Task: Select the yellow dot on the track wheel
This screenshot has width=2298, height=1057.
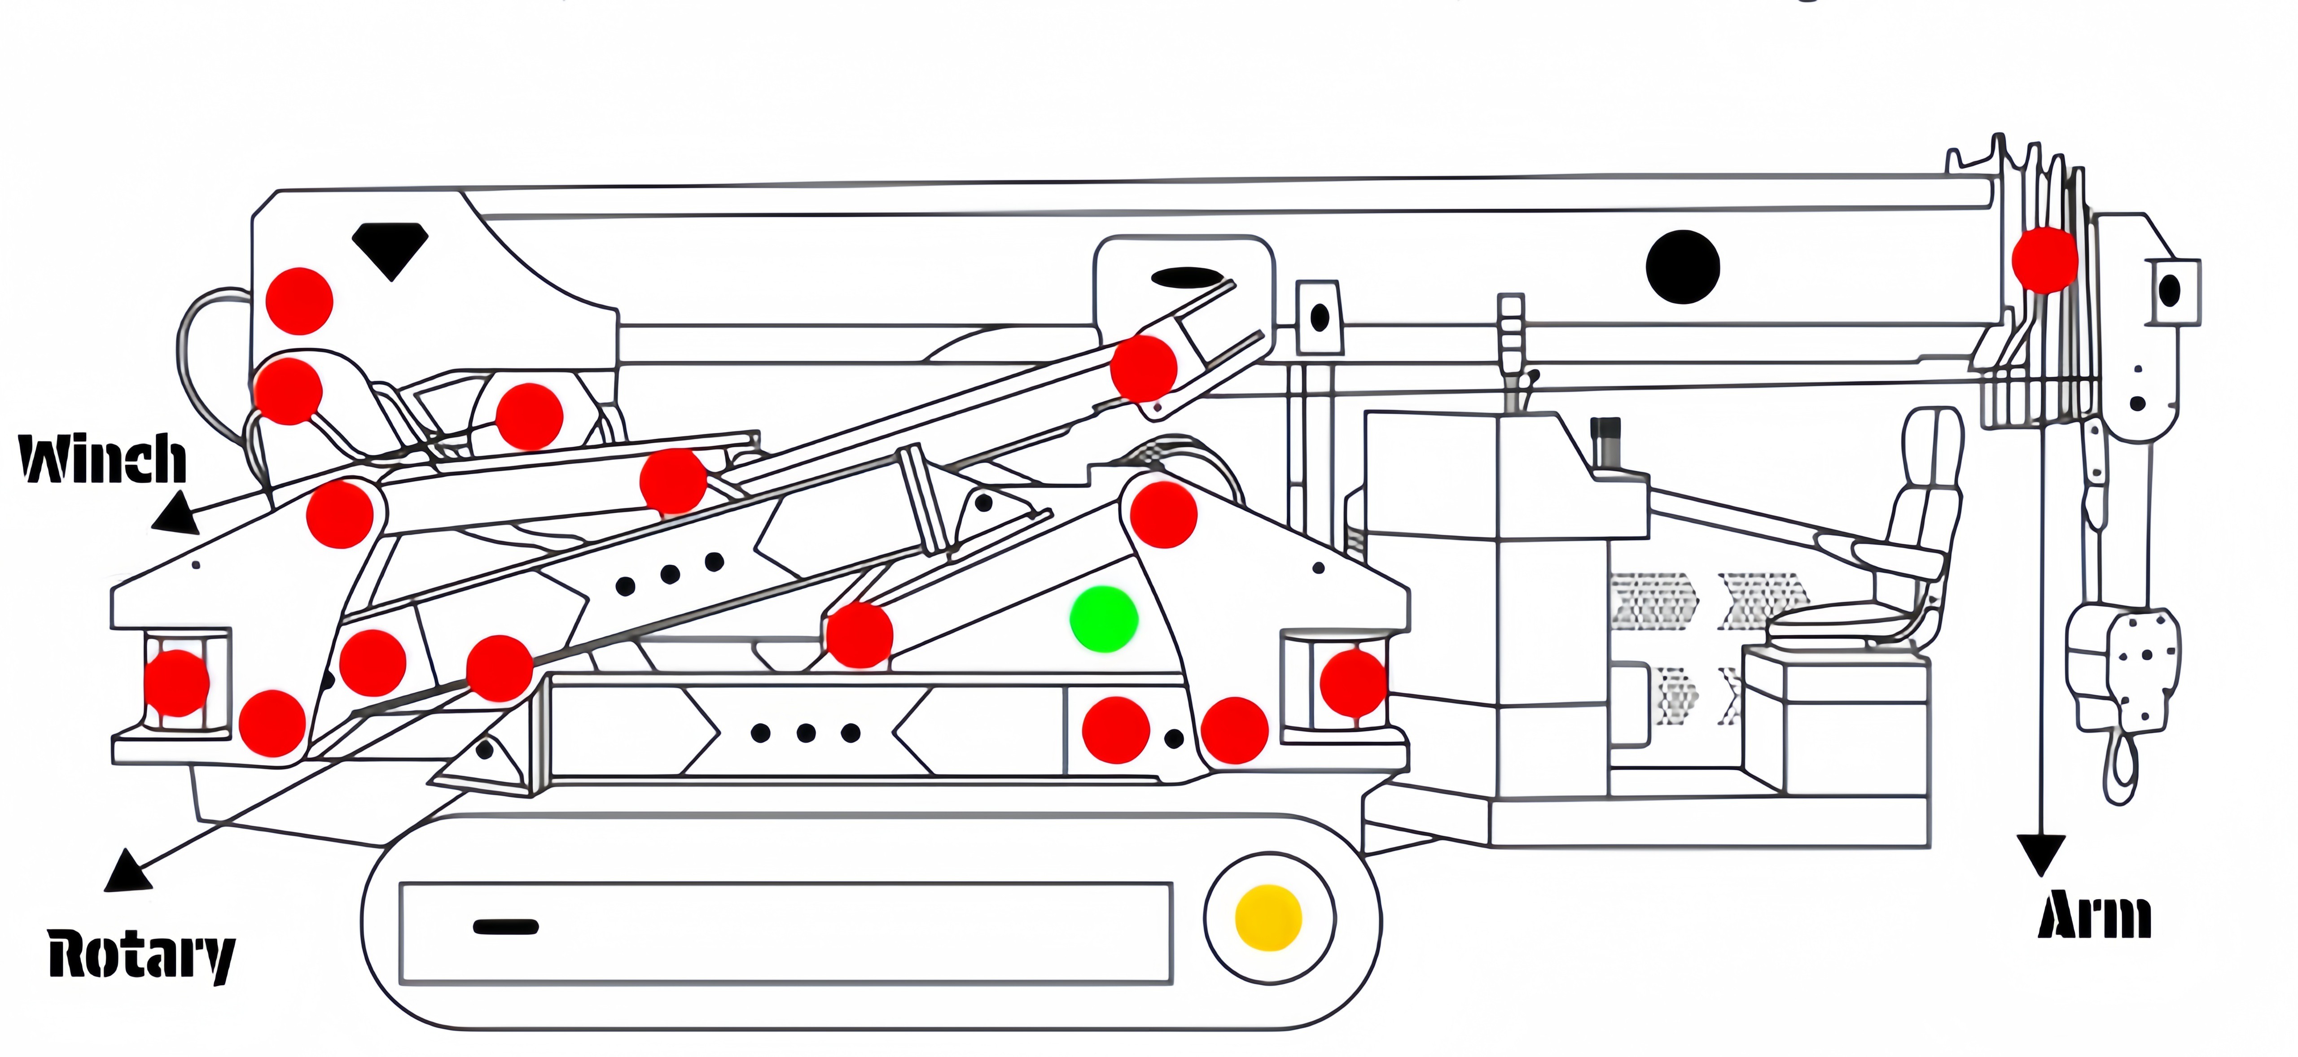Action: (x=1267, y=917)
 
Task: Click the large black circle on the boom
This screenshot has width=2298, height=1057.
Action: (x=1683, y=266)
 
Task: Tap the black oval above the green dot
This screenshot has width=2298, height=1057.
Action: (x=1186, y=277)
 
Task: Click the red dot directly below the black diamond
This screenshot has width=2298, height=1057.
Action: (x=300, y=301)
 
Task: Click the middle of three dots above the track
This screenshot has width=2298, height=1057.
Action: (x=806, y=733)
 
